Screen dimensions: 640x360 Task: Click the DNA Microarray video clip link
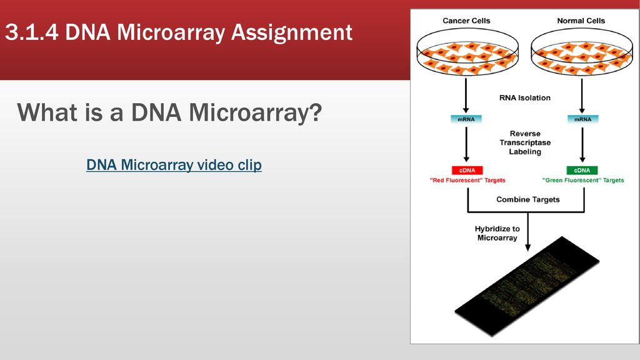174,165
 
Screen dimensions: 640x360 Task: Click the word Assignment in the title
291,32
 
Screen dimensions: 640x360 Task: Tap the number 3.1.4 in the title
32,32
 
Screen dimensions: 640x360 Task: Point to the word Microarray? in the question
255,112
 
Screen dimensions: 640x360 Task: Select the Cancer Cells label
466,21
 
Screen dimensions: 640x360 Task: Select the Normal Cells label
581,21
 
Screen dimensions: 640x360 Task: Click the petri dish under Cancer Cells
467,52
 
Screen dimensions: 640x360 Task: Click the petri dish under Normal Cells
582,52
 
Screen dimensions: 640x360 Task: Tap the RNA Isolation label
525,98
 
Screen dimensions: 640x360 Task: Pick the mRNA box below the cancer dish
466,119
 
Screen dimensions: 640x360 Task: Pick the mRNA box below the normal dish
582,119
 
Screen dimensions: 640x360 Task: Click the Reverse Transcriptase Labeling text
525,142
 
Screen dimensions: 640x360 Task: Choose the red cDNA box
467,170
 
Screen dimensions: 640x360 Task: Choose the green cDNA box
582,170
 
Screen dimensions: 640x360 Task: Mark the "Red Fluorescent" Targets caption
467,180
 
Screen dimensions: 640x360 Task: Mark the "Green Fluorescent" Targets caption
583,180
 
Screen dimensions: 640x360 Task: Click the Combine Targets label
527,199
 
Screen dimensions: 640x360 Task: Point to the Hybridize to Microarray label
497,233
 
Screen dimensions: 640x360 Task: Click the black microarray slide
527,286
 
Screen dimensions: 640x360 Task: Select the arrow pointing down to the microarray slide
527,232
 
